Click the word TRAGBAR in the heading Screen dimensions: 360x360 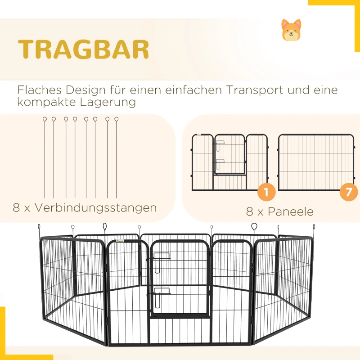click(x=84, y=49)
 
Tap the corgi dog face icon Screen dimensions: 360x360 click(x=291, y=30)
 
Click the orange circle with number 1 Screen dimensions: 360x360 click(x=266, y=192)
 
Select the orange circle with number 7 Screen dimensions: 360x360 click(x=349, y=192)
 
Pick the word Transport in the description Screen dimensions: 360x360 click(x=252, y=90)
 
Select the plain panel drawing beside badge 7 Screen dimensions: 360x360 click(x=316, y=162)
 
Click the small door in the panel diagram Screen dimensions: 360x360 click(x=229, y=154)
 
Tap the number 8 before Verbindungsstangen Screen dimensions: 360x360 click(x=17, y=208)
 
